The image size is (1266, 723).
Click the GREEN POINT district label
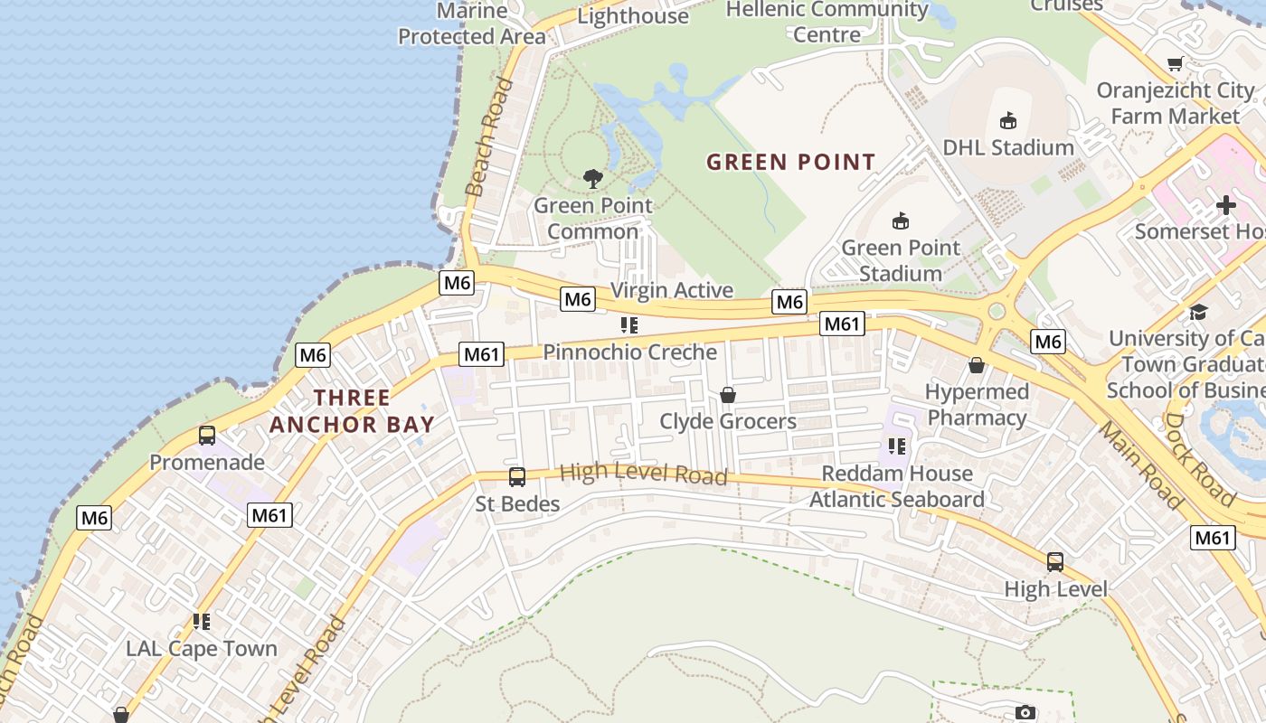tap(790, 163)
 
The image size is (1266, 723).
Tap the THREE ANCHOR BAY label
tap(352, 410)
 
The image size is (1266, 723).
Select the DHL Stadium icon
tap(1007, 120)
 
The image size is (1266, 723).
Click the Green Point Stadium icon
tap(901, 221)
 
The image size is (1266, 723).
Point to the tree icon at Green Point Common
tap(593, 178)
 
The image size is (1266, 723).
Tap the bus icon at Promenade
tap(207, 436)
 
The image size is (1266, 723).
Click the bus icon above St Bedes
tap(517, 477)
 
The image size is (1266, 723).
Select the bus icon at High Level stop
tap(1054, 562)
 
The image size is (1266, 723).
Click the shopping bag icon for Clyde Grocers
tap(727, 395)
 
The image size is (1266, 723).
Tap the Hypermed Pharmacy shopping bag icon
tap(977, 365)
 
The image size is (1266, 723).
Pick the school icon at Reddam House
tap(897, 446)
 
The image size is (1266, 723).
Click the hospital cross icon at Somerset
tap(1226, 205)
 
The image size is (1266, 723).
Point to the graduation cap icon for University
tap(1199, 312)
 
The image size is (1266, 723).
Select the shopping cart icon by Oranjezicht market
tap(1175, 63)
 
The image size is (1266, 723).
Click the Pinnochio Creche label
tap(629, 352)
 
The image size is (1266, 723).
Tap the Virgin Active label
tap(672, 290)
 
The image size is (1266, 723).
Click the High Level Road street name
tap(643, 474)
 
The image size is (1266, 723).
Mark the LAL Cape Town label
tap(202, 649)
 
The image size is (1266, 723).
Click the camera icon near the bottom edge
tap(1025, 712)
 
